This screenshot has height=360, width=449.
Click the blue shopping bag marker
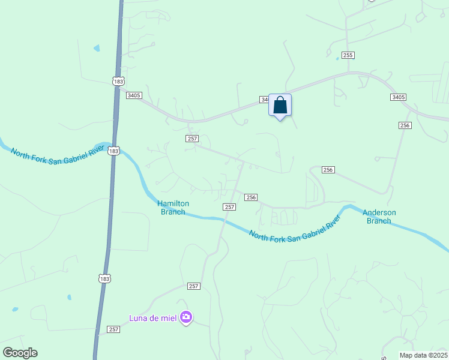click(x=280, y=106)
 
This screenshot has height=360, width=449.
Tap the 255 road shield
click(x=348, y=55)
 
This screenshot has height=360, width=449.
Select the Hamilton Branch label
click(x=173, y=208)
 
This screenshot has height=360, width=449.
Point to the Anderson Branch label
click(x=379, y=217)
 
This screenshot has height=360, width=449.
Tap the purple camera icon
click(x=186, y=317)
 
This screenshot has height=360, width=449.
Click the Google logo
click(x=20, y=353)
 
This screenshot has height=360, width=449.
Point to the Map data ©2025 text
click(x=423, y=355)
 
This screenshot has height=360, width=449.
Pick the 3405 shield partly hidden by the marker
click(x=264, y=100)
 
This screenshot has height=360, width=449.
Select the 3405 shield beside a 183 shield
click(x=134, y=95)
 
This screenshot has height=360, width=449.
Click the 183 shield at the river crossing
click(x=114, y=151)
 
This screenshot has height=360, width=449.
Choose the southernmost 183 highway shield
click(x=104, y=278)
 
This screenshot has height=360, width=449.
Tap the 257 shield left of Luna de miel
click(x=113, y=329)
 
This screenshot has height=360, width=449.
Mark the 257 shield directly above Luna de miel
click(x=193, y=287)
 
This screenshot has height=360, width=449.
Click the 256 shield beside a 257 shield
click(x=251, y=197)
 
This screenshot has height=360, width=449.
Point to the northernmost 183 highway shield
click(x=118, y=80)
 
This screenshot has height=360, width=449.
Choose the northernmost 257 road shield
click(x=192, y=139)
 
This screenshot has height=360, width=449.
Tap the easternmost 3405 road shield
click(x=398, y=97)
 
